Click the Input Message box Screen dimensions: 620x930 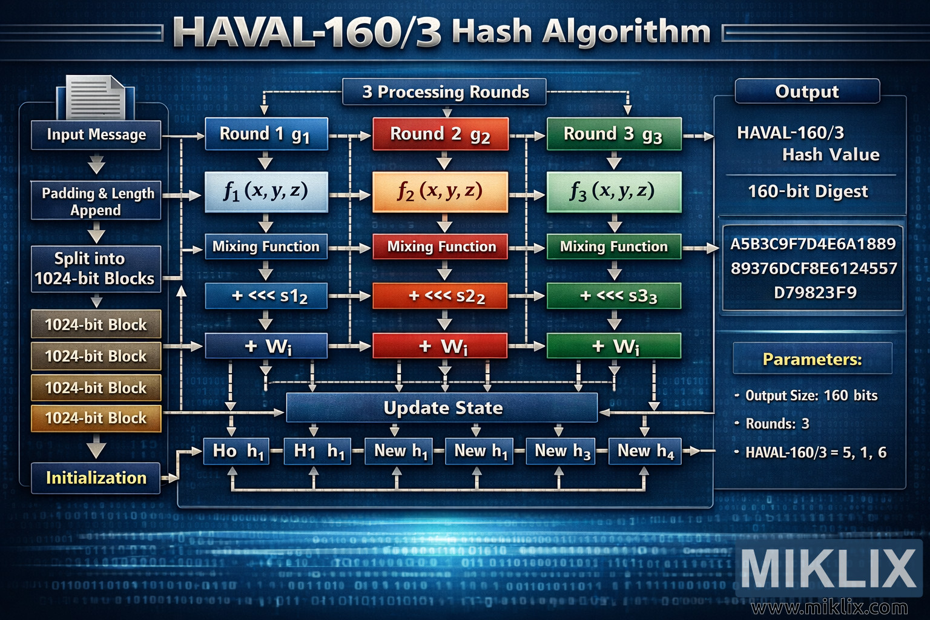point(96,134)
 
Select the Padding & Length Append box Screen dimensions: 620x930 point(96,201)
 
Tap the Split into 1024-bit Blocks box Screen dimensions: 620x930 point(96,269)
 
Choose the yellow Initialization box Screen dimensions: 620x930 point(96,478)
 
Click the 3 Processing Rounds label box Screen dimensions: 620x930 point(445,92)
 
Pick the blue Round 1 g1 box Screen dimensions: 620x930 point(266,134)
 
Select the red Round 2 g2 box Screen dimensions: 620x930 point(440,134)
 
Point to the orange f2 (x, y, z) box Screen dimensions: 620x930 point(440,191)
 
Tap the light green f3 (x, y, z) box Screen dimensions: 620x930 point(613,191)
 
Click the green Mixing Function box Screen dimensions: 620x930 point(613,246)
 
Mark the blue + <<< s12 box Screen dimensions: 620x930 point(266,296)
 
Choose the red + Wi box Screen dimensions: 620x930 point(440,346)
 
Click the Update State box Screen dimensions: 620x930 point(442,407)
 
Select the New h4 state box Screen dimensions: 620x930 point(645,451)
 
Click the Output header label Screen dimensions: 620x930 point(806,91)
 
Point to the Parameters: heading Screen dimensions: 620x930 point(812,359)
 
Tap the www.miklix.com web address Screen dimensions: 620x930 point(829,607)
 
